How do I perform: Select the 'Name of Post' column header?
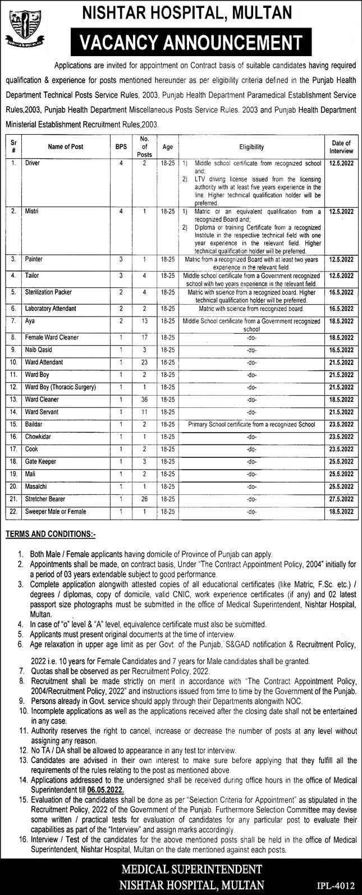click(65, 147)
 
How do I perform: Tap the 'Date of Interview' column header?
click(341, 147)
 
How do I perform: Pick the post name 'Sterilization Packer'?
click(48, 292)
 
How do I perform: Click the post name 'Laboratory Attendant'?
click(51, 309)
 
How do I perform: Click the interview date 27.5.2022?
click(341, 499)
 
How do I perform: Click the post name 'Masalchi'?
click(35, 486)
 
